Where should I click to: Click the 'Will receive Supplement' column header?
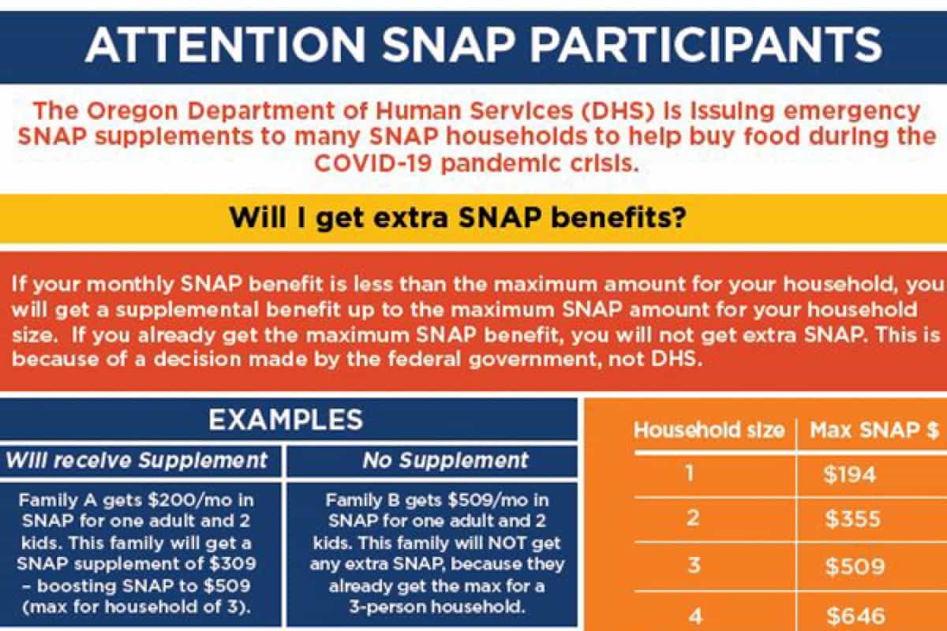pyautogui.click(x=137, y=460)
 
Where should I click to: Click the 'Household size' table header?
pyautogui.click(x=709, y=431)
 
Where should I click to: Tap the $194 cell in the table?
pyautogui.click(x=849, y=475)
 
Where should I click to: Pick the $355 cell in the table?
pyautogui.click(x=852, y=520)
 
